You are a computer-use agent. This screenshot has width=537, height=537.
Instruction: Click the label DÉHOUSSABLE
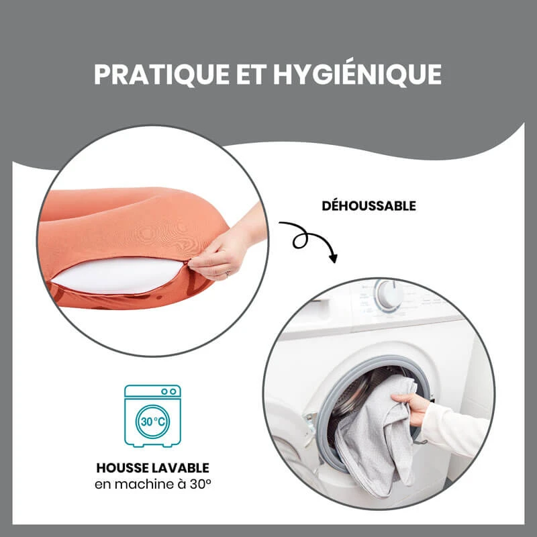pos(369,205)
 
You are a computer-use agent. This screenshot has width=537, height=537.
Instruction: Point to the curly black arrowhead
pos(333,258)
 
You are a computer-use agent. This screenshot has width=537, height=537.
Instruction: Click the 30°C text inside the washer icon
pos(153,422)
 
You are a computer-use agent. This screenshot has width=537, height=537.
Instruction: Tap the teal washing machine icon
pos(152,416)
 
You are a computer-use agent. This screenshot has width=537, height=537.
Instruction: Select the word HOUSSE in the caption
pos(122,468)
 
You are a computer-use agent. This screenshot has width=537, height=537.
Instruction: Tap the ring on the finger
pos(228,273)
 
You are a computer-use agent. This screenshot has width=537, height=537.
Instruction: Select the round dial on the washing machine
pos(389,295)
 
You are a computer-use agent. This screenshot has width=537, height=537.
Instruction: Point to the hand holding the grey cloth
pos(411,407)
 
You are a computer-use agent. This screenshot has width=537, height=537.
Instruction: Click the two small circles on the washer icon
pos(169,391)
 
